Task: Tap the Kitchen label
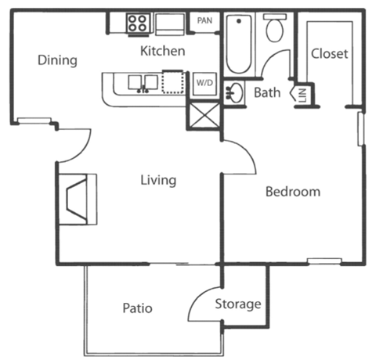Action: click(162, 52)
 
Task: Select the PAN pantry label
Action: click(204, 21)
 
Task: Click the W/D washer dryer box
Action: click(204, 81)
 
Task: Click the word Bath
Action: click(267, 93)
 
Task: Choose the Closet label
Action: click(329, 54)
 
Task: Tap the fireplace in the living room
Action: click(78, 199)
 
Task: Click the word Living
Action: click(157, 180)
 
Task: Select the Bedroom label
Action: click(292, 192)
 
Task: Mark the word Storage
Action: click(238, 304)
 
